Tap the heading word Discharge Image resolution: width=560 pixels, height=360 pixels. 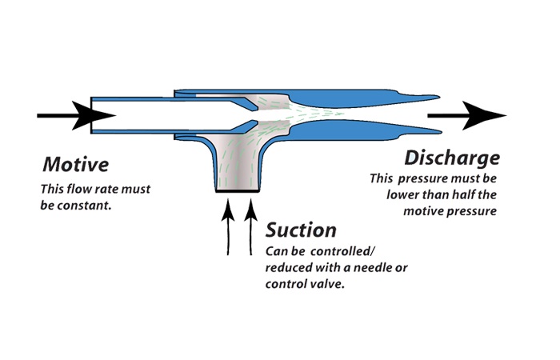452,157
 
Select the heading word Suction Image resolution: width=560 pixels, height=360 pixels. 301,230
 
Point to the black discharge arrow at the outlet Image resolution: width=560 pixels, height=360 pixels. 467,116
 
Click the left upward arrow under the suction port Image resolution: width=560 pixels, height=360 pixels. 228,224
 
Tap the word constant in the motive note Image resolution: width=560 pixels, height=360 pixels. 90,205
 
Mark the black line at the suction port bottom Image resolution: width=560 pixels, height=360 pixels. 238,192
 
